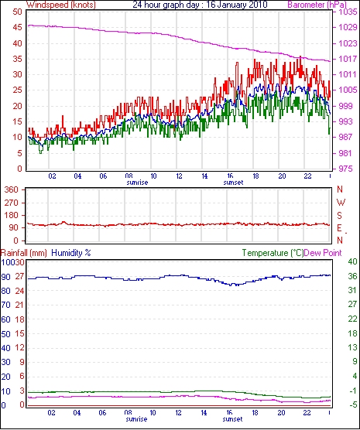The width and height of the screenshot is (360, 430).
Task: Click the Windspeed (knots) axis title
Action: (x=61, y=5)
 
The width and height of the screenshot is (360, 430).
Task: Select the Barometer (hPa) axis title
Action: (x=317, y=5)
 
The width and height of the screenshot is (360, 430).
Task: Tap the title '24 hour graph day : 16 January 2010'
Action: (x=200, y=5)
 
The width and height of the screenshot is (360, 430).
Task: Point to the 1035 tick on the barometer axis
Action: (x=348, y=12)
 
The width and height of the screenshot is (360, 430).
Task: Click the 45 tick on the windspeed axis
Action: (x=18, y=27)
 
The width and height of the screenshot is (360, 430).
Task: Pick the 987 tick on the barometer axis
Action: (x=346, y=137)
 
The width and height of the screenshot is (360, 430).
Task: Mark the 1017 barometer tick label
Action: (x=348, y=59)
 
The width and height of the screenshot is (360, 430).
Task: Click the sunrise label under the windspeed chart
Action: (x=137, y=183)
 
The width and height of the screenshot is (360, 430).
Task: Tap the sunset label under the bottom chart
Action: (x=232, y=419)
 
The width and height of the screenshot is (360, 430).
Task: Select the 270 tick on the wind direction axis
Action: (x=11, y=203)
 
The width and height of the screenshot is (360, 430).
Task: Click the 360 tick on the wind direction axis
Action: (x=11, y=189)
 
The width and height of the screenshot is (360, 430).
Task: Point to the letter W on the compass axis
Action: (x=341, y=203)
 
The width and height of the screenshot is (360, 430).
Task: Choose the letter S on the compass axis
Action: (x=340, y=216)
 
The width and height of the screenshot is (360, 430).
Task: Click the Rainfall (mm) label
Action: (x=24, y=253)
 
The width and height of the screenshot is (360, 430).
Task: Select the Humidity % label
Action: (x=71, y=253)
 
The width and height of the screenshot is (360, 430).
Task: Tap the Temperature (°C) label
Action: (x=273, y=253)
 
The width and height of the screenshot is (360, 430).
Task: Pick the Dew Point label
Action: (x=323, y=253)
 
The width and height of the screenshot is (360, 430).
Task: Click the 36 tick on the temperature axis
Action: (x=352, y=276)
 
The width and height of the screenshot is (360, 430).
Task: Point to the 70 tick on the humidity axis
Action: (x=6, y=305)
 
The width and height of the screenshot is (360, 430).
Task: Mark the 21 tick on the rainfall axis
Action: (x=20, y=305)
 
